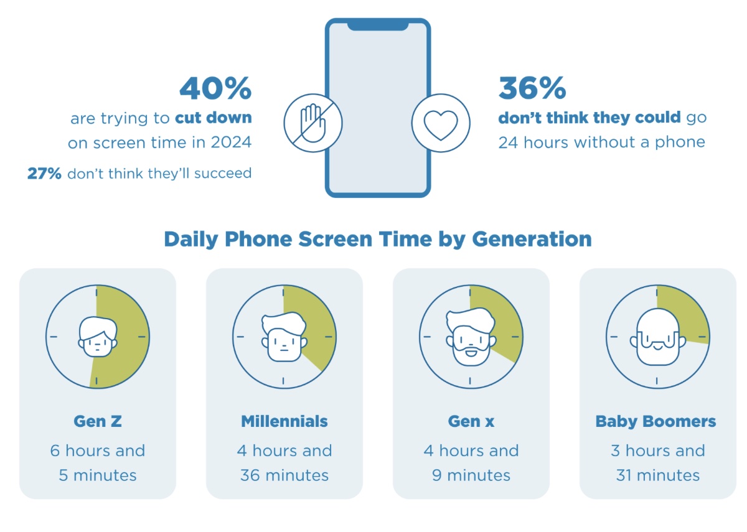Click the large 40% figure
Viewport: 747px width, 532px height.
click(215, 89)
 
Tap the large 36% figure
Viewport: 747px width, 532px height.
click(532, 89)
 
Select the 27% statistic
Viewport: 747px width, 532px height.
click(44, 173)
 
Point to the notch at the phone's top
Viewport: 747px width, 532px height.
click(377, 26)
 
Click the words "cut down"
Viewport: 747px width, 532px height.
click(213, 118)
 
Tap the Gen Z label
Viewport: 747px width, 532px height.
click(98, 421)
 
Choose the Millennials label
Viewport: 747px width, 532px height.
click(284, 421)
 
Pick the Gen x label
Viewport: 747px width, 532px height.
click(471, 421)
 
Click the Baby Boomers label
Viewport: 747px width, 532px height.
click(656, 421)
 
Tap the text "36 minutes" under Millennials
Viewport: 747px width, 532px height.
click(284, 476)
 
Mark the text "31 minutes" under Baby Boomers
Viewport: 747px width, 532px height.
click(658, 476)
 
